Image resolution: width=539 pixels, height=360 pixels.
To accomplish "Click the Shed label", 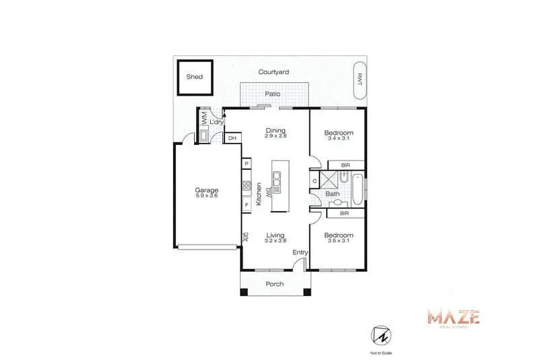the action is (194, 77).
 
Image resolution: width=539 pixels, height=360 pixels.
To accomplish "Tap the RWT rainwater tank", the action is (360, 80).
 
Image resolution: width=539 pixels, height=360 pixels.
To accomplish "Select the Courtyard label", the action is (274, 72).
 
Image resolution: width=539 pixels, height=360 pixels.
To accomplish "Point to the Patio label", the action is (273, 94).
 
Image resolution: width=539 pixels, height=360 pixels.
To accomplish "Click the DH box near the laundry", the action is (232, 138).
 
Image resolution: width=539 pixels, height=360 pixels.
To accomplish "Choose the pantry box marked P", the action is (247, 164).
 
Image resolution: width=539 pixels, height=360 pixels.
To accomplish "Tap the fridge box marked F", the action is (247, 205).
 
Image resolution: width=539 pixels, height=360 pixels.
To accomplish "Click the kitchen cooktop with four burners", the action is (247, 186).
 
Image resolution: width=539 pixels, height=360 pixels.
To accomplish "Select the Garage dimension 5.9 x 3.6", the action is (207, 196).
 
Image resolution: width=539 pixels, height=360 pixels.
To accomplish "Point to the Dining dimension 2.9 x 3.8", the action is (276, 136).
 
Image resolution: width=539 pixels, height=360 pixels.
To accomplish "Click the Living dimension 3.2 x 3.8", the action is (276, 241).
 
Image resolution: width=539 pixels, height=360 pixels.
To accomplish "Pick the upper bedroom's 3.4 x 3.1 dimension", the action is (339, 138).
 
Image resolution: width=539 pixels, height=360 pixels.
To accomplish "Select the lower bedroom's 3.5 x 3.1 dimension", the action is (339, 241).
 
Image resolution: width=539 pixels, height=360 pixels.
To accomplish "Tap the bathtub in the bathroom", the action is (357, 189).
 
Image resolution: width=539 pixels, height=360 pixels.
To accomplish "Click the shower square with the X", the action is (329, 180).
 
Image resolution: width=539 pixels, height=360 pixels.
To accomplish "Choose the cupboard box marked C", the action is (315, 181).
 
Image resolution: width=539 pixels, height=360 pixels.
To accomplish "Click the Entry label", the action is (300, 252).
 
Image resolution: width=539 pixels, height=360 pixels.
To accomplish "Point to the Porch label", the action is (275, 284).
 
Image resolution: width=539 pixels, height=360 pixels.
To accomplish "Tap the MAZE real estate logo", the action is (453, 318).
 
